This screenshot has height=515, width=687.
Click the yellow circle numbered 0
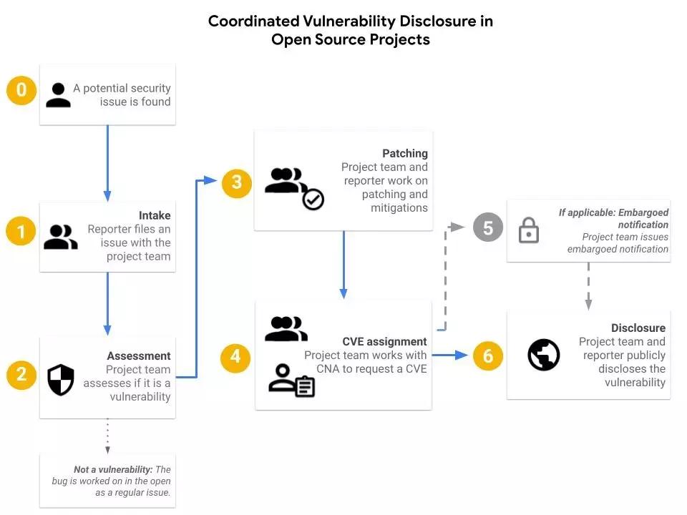[x=21, y=90]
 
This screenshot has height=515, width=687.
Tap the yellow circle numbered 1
[x=21, y=232]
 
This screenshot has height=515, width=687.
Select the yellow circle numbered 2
[x=21, y=374]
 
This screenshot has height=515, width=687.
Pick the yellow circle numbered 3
[x=237, y=182]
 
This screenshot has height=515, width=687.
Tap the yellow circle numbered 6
[x=488, y=355]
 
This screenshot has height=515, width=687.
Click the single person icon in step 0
[x=58, y=95]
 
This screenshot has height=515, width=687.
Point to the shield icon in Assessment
[x=61, y=380]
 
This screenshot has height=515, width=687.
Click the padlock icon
[x=529, y=230]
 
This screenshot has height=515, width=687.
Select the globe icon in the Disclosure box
[x=544, y=355]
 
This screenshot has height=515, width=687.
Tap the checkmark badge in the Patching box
[x=313, y=200]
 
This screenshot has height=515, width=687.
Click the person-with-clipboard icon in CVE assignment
[x=291, y=381]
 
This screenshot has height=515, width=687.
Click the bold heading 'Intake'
[x=155, y=215]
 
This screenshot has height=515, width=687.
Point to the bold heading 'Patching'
[x=405, y=153]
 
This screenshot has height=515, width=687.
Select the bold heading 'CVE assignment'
[x=384, y=341]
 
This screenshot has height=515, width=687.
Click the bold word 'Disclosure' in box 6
[x=638, y=328]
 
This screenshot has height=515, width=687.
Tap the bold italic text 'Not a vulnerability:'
[x=113, y=469]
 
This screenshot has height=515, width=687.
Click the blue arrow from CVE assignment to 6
[x=451, y=354]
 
